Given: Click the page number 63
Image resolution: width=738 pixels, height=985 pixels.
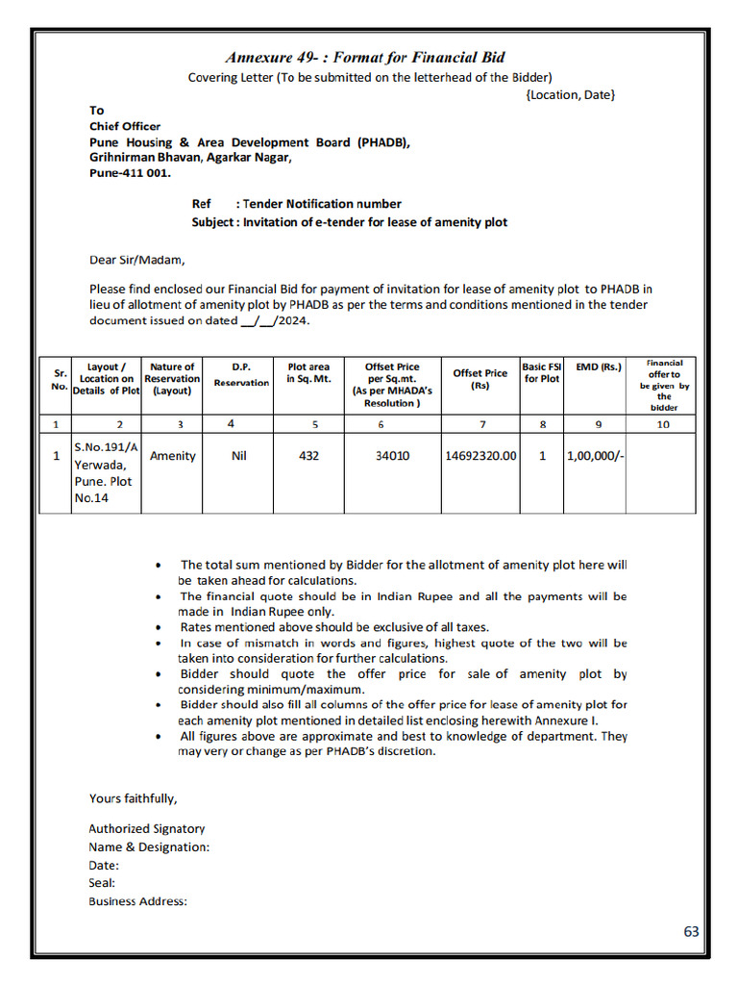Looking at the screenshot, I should pyautogui.click(x=691, y=931).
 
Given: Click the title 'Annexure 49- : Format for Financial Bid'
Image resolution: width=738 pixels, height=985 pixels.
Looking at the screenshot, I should pyautogui.click(x=365, y=58).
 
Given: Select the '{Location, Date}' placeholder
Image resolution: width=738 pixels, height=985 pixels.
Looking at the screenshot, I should pyautogui.click(x=571, y=94).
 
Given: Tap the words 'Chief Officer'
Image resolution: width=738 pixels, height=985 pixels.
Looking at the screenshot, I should pyautogui.click(x=125, y=126).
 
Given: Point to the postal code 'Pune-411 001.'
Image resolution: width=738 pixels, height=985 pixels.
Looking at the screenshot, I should pyautogui.click(x=130, y=173).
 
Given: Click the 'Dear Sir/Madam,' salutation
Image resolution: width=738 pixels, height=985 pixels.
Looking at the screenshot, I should pyautogui.click(x=136, y=259).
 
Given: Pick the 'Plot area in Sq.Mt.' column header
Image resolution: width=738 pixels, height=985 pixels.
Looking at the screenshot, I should pyautogui.click(x=308, y=373).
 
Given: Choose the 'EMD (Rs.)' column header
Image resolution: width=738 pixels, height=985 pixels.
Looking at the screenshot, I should pyautogui.click(x=599, y=366).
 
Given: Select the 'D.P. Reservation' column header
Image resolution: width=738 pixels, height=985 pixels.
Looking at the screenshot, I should pyautogui.click(x=241, y=374).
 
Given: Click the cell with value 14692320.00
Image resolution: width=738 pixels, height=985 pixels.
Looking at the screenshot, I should pyautogui.click(x=480, y=456).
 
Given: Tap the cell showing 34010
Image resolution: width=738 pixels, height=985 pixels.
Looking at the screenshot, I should pyautogui.click(x=392, y=456).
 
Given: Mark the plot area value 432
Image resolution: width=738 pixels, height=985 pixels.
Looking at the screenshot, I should pyautogui.click(x=308, y=456).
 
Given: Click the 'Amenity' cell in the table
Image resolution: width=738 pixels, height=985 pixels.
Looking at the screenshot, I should pyautogui.click(x=173, y=456).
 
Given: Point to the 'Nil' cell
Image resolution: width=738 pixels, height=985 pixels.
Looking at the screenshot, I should pyautogui.click(x=239, y=456).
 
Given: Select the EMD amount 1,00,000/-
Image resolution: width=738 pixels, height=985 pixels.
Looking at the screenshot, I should pyautogui.click(x=596, y=456).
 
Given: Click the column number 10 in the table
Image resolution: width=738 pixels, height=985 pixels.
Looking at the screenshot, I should pyautogui.click(x=663, y=423).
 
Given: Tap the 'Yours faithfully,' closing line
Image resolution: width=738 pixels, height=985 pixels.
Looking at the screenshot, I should pyautogui.click(x=134, y=797).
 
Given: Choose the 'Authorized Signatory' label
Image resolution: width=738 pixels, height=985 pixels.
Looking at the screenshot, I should pyautogui.click(x=147, y=828).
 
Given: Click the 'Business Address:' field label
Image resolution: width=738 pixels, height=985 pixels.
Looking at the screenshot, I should pyautogui.click(x=138, y=901).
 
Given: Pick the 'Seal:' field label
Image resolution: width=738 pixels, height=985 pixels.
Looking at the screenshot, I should pyautogui.click(x=102, y=883).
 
